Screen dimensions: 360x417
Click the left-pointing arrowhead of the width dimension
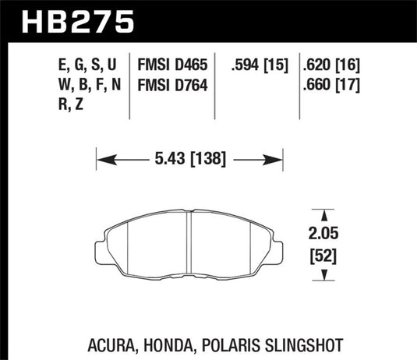click(x=101, y=161)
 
